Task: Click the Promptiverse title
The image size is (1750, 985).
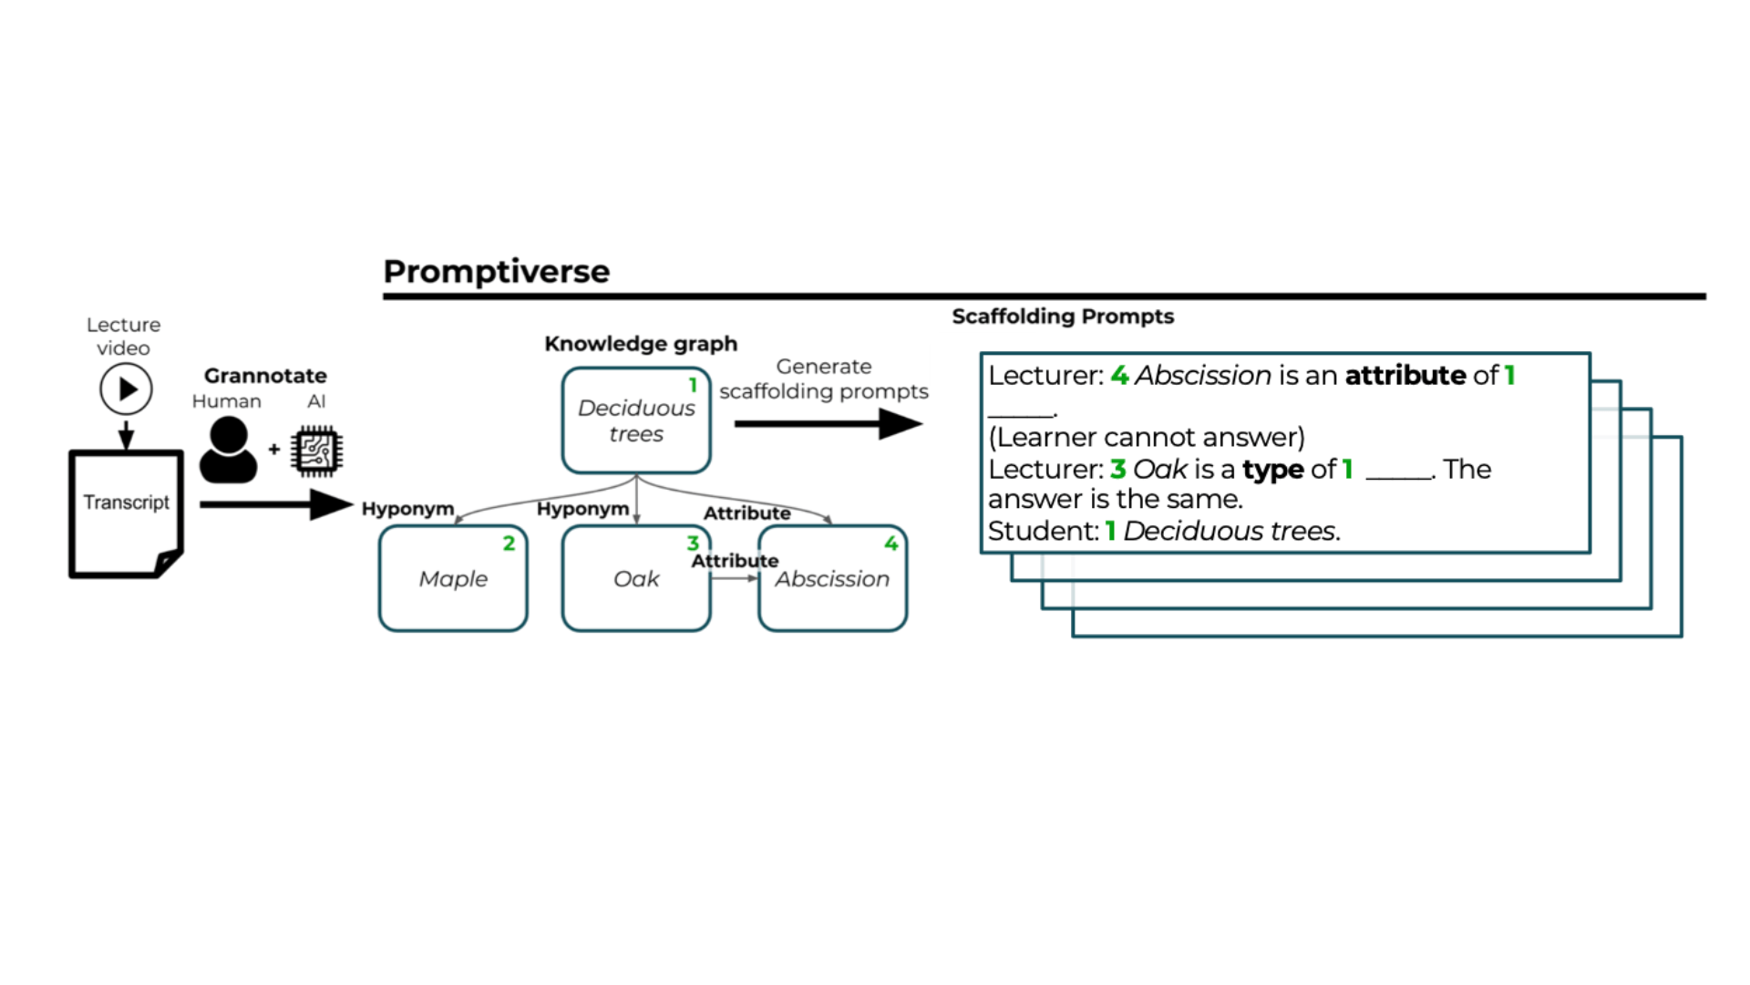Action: tap(496, 271)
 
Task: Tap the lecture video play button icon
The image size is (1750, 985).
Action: tap(126, 389)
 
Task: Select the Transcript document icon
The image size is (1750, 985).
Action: tap(126, 513)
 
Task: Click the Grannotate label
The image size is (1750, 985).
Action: tap(265, 376)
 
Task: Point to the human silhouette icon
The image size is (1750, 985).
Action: tap(228, 450)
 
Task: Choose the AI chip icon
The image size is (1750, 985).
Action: tap(316, 451)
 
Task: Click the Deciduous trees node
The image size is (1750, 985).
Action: tap(636, 420)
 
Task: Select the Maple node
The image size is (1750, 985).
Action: tap(453, 578)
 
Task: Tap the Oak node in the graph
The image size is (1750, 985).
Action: tap(636, 578)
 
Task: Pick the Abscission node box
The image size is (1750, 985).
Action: tap(832, 578)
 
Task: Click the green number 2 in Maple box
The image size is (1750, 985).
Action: tap(509, 544)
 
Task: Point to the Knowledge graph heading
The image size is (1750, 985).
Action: tap(641, 344)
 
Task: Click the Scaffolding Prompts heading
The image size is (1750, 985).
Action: tap(1063, 316)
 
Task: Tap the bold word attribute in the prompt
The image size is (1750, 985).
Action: tap(1405, 376)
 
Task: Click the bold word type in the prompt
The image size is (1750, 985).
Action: tap(1272, 470)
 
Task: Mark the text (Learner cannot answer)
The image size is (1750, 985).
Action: tap(1147, 438)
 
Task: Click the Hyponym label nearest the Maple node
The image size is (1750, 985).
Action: tap(407, 509)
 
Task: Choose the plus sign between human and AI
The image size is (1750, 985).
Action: tap(273, 450)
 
